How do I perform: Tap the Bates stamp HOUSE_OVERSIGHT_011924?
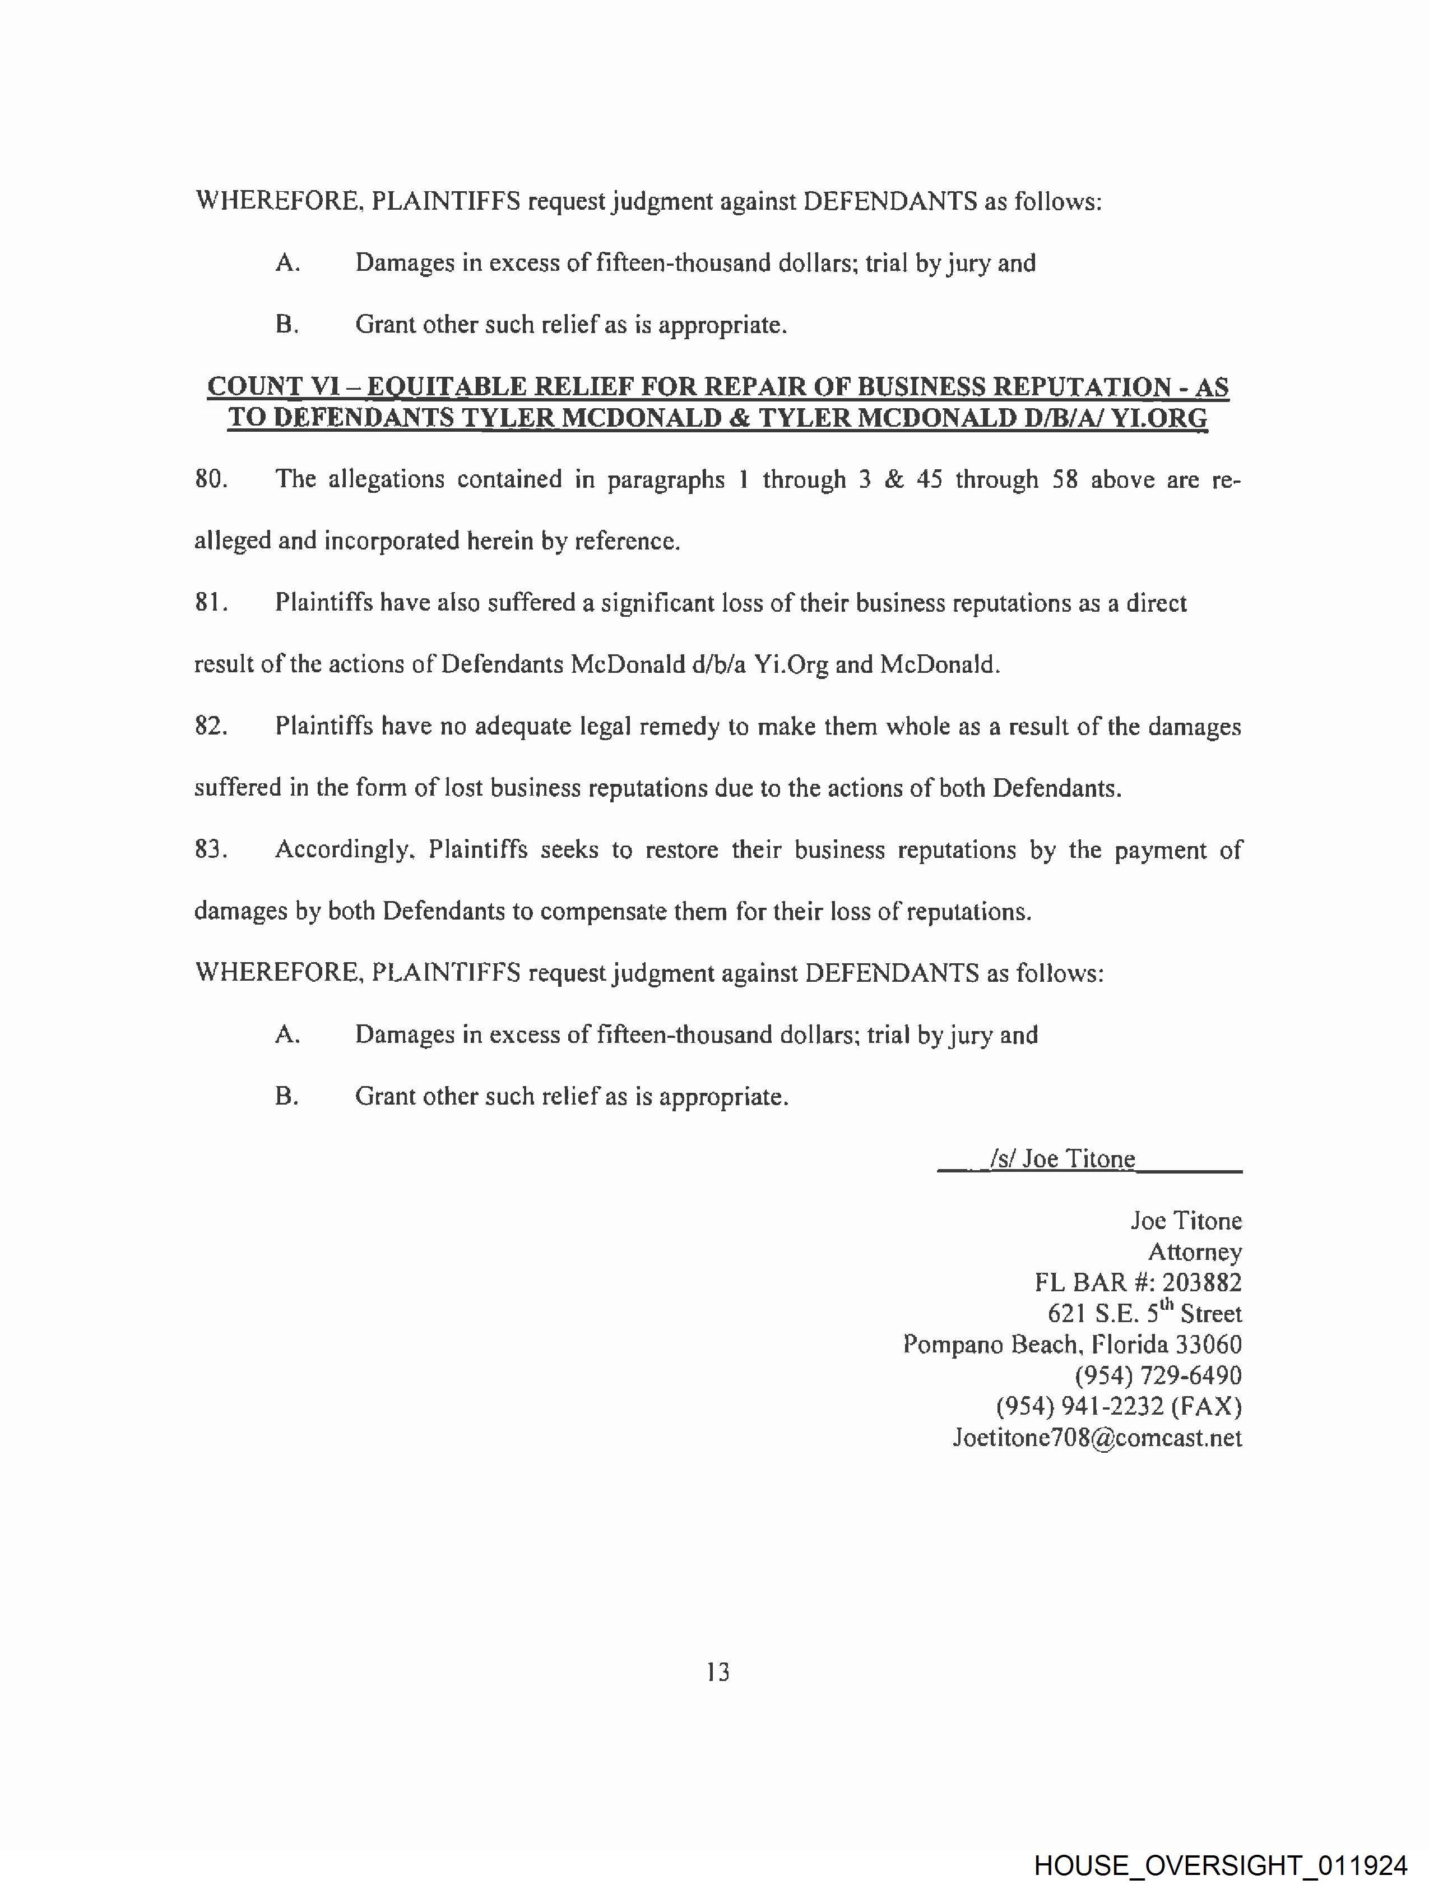(x=1220, y=1865)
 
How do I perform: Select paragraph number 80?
(x=210, y=479)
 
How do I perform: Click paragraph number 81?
(x=210, y=603)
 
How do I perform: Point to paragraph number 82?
(x=210, y=727)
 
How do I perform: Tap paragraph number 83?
(x=210, y=849)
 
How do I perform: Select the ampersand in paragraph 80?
(x=894, y=479)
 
